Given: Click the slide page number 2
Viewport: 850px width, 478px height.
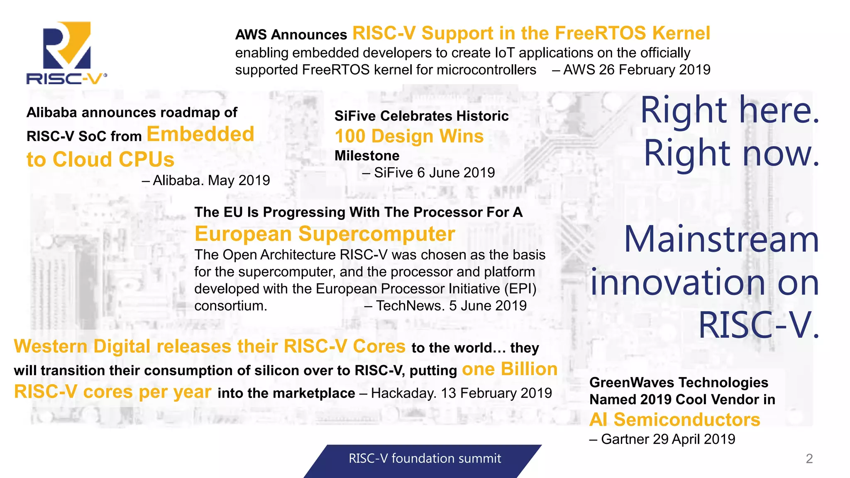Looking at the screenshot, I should (809, 458).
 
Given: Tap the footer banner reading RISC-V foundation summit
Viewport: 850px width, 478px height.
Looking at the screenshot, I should (425, 458).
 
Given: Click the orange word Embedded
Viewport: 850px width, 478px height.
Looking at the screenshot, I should (200, 134).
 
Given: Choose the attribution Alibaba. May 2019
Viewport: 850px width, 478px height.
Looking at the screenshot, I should (211, 180).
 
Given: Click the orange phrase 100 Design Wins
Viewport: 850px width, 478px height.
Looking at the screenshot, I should (409, 137).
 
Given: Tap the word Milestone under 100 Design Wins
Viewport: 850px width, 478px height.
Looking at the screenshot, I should (367, 156).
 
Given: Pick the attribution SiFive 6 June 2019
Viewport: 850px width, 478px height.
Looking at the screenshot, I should (434, 173).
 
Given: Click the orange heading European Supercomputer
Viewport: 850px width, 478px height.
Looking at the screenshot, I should (325, 234).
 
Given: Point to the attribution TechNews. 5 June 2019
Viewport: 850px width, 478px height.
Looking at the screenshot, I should (451, 306).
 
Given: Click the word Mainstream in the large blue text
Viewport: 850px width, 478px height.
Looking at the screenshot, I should (721, 240).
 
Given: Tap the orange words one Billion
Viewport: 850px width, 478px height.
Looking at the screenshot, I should (509, 369).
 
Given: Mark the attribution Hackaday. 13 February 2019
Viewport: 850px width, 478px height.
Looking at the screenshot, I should (461, 393).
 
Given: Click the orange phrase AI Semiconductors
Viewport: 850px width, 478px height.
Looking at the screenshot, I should (675, 420).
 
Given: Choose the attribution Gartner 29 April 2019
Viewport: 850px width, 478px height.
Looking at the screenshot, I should (667, 439).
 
